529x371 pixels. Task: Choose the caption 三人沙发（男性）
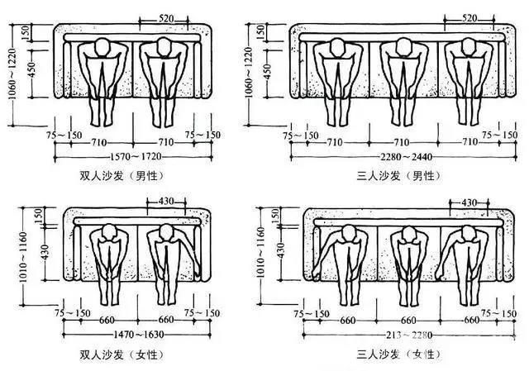pyautogui.click(x=397, y=176)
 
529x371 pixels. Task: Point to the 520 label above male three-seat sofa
pyautogui.click(x=468, y=17)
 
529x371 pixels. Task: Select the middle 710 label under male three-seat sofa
pyautogui.click(x=403, y=142)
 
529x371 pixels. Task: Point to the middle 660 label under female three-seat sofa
pyautogui.click(x=406, y=320)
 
